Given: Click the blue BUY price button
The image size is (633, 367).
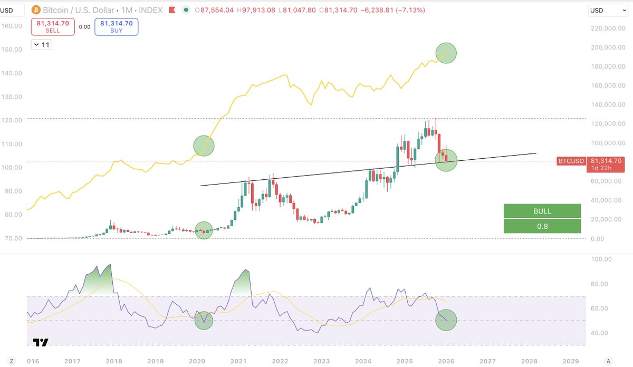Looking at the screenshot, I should point(116,27).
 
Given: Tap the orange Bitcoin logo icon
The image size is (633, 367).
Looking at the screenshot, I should point(37,11).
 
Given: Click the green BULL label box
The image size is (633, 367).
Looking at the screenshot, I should point(542,211).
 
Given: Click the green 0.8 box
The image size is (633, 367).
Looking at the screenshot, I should point(542,226).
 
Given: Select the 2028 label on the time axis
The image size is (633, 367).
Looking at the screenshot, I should point(529,361).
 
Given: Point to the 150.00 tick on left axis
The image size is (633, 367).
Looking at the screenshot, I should point(11,49).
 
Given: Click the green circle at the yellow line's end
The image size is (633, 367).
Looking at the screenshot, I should point(446,53).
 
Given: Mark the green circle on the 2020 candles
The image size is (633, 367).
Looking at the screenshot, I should point(204,230).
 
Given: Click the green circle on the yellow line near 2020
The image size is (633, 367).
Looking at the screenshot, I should point(204,146).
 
